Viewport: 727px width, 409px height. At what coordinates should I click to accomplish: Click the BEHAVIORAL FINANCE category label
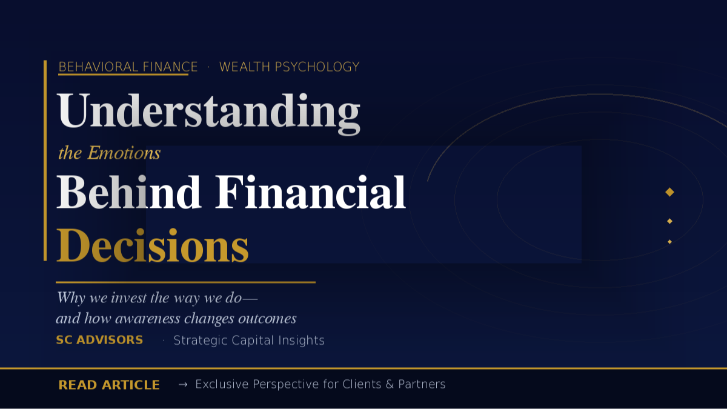128,67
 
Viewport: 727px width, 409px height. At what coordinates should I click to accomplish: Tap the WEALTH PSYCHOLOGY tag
289,67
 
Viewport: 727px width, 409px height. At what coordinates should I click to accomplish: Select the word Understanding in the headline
208,112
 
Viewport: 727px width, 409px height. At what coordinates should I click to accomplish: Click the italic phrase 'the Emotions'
109,153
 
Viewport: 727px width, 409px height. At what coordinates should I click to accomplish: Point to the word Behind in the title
128,193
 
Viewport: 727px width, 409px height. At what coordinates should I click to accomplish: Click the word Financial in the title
310,193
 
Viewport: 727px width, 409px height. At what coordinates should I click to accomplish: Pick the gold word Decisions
153,246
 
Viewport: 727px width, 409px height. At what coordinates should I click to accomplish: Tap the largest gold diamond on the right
669,192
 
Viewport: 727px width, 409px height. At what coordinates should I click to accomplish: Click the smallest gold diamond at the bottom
669,242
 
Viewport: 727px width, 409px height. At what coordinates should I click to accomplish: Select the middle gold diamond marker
669,221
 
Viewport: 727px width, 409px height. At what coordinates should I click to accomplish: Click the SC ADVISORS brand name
99,340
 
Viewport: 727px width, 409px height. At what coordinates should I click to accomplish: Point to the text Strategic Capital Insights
249,341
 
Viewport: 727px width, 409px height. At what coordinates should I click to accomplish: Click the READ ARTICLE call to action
109,385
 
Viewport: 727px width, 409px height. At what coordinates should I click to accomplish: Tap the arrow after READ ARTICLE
182,384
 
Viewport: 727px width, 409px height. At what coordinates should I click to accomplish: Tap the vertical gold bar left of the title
45,161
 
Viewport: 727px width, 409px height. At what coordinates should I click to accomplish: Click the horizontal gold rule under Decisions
185,282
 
